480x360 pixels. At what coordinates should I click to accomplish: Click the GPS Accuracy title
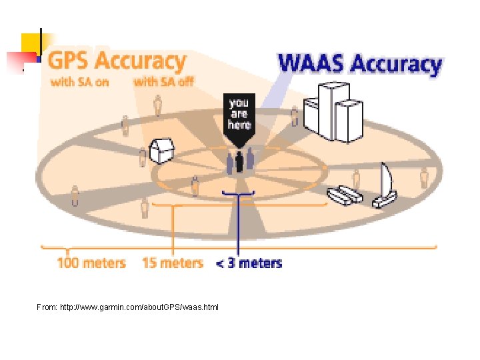click(118, 61)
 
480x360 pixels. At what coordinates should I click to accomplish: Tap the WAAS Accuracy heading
click(359, 64)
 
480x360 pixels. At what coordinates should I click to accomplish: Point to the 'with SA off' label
click(163, 83)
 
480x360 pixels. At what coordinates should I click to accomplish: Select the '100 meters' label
click(91, 263)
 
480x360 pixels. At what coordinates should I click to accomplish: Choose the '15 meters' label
click(172, 263)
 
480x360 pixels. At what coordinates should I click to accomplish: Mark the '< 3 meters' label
click(249, 263)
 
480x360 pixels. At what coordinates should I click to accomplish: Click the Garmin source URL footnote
click(127, 307)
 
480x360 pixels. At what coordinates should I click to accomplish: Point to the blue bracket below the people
click(239, 194)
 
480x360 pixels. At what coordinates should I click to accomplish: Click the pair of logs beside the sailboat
click(345, 195)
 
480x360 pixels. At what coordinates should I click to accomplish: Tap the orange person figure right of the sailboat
click(424, 178)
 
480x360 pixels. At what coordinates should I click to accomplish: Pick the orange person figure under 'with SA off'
click(158, 105)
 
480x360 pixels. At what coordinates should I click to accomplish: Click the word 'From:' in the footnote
click(47, 307)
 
